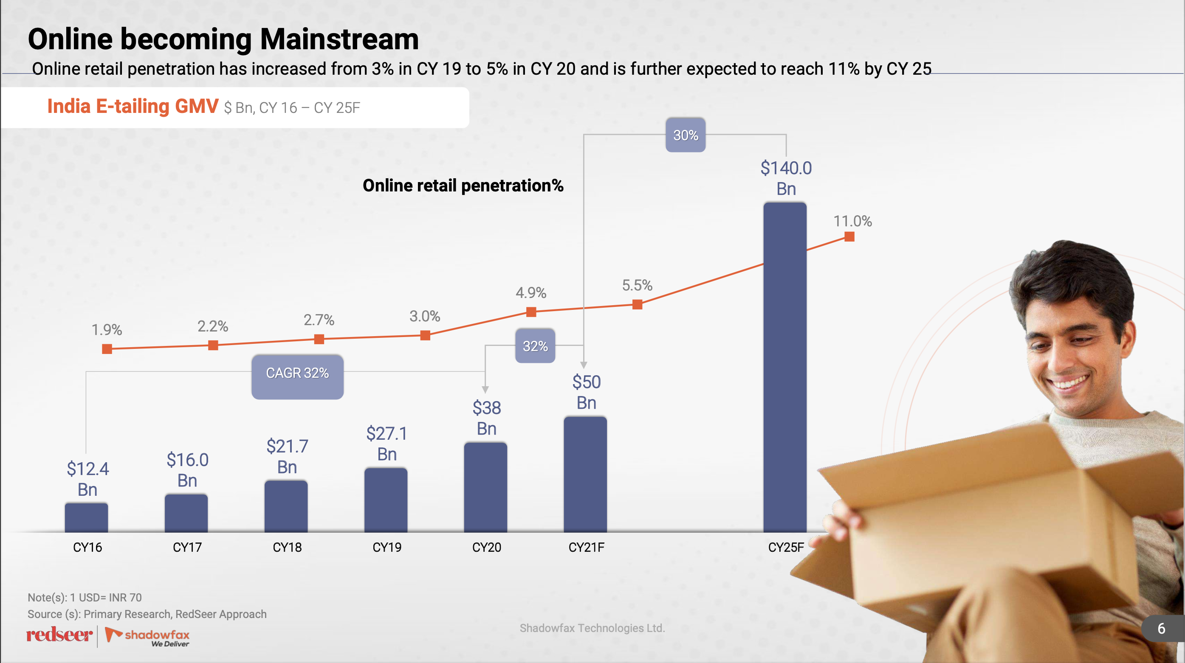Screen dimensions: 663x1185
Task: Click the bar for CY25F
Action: pyautogui.click(x=785, y=368)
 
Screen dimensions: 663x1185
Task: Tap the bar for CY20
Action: pyautogui.click(x=485, y=487)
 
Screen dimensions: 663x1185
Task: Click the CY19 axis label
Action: pyautogui.click(x=387, y=547)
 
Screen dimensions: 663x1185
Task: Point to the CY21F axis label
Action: pyautogui.click(x=586, y=547)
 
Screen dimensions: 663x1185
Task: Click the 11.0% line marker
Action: pyautogui.click(x=849, y=237)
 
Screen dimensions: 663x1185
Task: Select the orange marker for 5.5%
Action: pyautogui.click(x=637, y=304)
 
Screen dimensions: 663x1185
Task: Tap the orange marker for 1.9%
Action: pyautogui.click(x=107, y=349)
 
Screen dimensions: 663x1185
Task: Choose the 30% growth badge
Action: pyautogui.click(x=686, y=135)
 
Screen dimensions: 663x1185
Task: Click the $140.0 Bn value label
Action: pyautogui.click(x=786, y=178)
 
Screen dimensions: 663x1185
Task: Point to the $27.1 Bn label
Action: pyautogui.click(x=387, y=443)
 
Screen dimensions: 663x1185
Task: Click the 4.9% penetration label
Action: pyautogui.click(x=531, y=292)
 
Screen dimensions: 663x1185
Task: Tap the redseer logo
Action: pyautogui.click(x=59, y=635)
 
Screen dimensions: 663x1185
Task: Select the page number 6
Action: pyautogui.click(x=1161, y=629)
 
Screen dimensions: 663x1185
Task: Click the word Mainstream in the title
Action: pyautogui.click(x=339, y=39)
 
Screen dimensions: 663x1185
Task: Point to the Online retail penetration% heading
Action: pyautogui.click(x=463, y=186)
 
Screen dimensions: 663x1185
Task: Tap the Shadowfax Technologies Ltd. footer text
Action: pyautogui.click(x=592, y=628)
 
